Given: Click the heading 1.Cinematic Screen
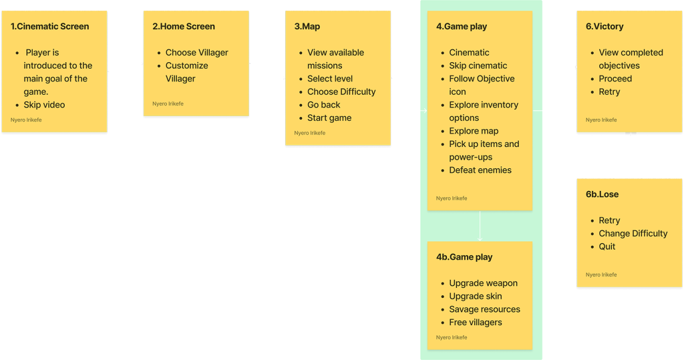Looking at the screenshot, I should [x=49, y=27].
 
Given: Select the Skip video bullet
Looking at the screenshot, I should [x=44, y=105].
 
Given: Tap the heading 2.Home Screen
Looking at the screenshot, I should [x=184, y=27].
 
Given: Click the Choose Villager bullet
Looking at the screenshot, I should [x=196, y=53].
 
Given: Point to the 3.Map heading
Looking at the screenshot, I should [x=307, y=27].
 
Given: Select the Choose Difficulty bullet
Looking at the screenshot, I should [x=341, y=92].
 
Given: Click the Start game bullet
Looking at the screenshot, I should [x=329, y=118].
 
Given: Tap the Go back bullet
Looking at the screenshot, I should [x=324, y=105].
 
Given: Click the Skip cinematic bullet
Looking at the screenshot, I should [x=478, y=65].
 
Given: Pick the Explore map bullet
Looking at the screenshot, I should [x=474, y=131].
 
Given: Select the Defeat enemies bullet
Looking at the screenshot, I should [x=480, y=170].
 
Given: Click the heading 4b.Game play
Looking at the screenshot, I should [x=464, y=257].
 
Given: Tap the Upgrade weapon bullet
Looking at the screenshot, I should [x=483, y=283].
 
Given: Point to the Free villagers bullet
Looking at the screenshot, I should [x=476, y=323].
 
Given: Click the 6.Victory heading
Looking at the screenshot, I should [x=605, y=27].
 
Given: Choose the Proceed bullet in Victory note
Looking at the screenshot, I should [x=615, y=79].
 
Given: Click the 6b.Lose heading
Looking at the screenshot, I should [x=602, y=194].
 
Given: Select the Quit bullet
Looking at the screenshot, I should [x=607, y=246].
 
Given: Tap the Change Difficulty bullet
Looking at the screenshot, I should [x=633, y=234].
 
